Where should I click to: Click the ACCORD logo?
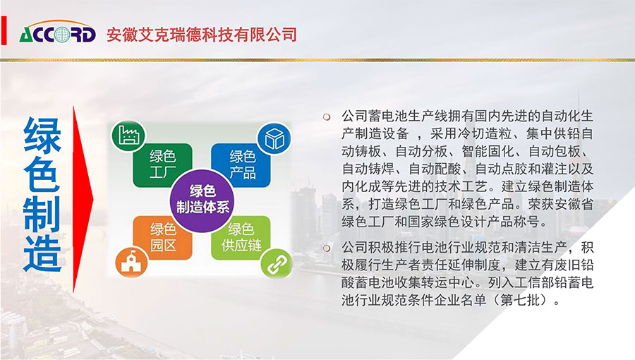[x=58, y=32]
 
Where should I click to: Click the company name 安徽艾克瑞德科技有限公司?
[x=202, y=35]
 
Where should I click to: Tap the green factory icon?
[x=129, y=136]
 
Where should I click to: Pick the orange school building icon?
[x=131, y=262]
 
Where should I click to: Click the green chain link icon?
[x=276, y=263]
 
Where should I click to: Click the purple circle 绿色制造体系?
[x=202, y=200]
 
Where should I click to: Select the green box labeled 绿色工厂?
[x=163, y=165]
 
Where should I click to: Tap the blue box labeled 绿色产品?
[x=241, y=165]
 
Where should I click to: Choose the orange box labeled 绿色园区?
[x=163, y=238]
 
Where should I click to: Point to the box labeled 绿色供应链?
[x=241, y=238]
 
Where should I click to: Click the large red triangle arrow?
[x=83, y=199]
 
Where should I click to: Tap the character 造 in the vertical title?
[x=42, y=254]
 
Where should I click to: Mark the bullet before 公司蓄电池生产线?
[x=327, y=117]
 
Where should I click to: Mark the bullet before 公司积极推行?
[x=327, y=248]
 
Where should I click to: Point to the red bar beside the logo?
[x=4, y=30]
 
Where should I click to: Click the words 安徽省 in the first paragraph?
[x=574, y=204]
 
